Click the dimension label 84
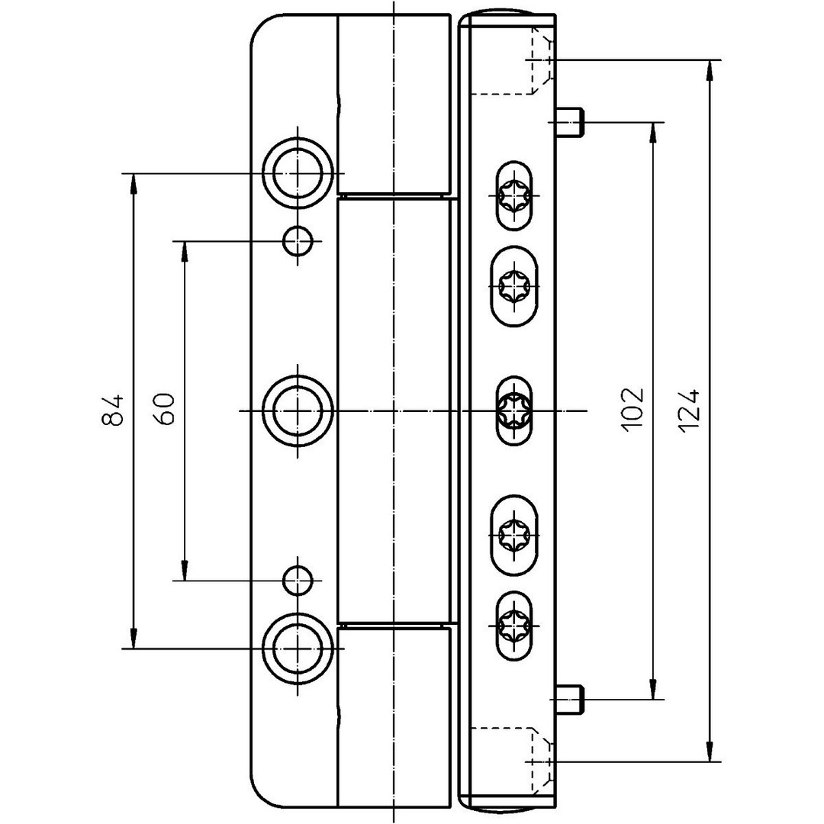pyautogui.click(x=112, y=410)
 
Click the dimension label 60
pyautogui.click(x=166, y=410)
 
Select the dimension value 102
pyautogui.click(x=633, y=410)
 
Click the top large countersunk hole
pyautogui.click(x=298, y=173)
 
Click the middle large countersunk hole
pyautogui.click(x=298, y=410)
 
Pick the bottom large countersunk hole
pyautogui.click(x=298, y=648)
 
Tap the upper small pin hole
pyautogui.click(x=298, y=242)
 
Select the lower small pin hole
pyautogui.click(x=298, y=581)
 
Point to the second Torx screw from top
pyautogui.click(x=513, y=288)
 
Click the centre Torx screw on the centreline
pyautogui.click(x=513, y=410)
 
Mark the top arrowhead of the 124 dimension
pyautogui.click(x=710, y=69)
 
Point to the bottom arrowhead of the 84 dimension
pyautogui.click(x=134, y=639)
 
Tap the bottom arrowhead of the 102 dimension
pyautogui.click(x=653, y=690)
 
